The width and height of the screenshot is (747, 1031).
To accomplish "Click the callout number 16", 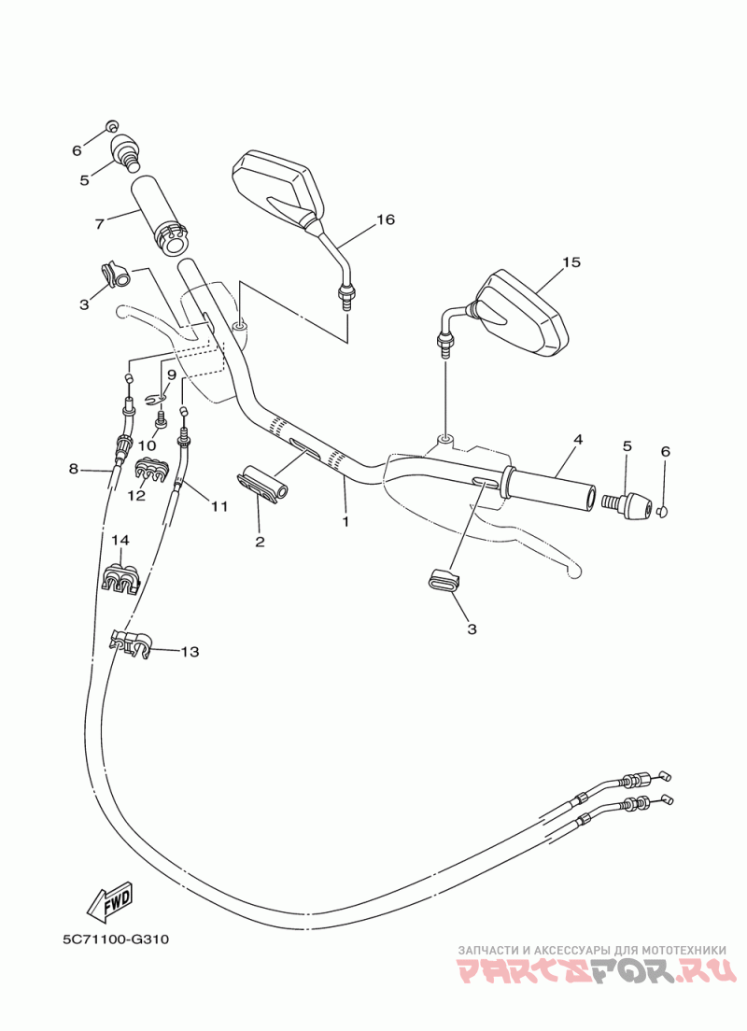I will coord(386,219).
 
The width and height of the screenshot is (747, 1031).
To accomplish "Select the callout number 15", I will coord(571,261).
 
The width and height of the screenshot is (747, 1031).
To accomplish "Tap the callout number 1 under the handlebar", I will coord(345,521).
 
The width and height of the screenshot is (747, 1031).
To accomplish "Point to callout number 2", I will coord(260,541).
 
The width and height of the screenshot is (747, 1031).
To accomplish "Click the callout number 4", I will coord(578,438).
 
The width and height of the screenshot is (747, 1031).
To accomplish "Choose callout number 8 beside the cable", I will coord(74,469).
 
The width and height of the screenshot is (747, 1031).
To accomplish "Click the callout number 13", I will coord(190,652).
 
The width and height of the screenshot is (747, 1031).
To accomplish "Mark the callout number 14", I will coord(120,540).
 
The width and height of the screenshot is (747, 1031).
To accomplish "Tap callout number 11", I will coord(219,507).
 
